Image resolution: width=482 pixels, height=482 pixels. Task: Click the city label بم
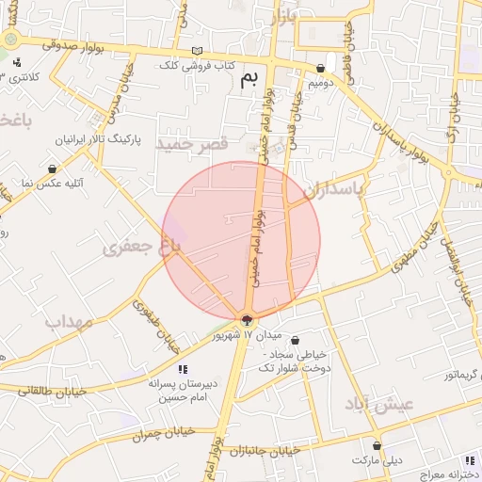point(249,79)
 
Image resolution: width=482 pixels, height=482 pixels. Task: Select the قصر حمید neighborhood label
point(193,144)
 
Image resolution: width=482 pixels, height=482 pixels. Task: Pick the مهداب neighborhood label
point(69,322)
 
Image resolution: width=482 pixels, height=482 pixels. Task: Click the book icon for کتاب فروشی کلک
point(197,51)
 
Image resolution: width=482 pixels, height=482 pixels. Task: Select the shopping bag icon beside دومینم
point(323,68)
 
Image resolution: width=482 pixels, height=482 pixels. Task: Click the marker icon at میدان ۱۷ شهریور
point(247,321)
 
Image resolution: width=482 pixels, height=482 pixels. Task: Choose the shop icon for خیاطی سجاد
point(296,341)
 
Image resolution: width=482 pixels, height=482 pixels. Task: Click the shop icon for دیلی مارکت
point(378,446)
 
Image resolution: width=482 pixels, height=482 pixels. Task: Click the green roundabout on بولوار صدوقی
point(11,40)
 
